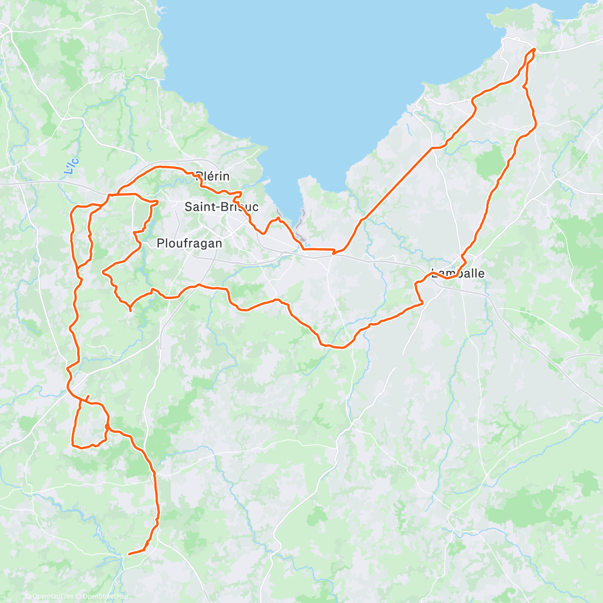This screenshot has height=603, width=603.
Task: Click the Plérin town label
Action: click(213, 176)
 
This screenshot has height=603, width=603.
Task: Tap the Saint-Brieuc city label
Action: click(222, 207)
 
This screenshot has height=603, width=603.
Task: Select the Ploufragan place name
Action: click(189, 243)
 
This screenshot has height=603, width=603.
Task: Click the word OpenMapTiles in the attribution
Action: click(53, 596)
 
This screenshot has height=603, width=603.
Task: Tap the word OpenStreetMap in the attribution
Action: click(106, 596)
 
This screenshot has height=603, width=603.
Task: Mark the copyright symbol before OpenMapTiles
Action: click(29, 596)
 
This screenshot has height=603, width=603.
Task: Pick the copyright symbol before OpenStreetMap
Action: click(79, 596)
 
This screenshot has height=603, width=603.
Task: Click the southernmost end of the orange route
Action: click(129, 554)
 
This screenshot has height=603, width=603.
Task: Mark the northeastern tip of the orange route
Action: click(534, 49)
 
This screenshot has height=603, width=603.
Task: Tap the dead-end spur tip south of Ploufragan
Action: click(131, 311)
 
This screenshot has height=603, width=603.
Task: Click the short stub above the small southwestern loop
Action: click(88, 396)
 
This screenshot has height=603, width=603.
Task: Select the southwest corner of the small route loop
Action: click(74, 444)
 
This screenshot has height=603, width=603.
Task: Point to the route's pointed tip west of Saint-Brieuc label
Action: click(158, 202)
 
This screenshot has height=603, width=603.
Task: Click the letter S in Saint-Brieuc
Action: click(188, 207)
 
